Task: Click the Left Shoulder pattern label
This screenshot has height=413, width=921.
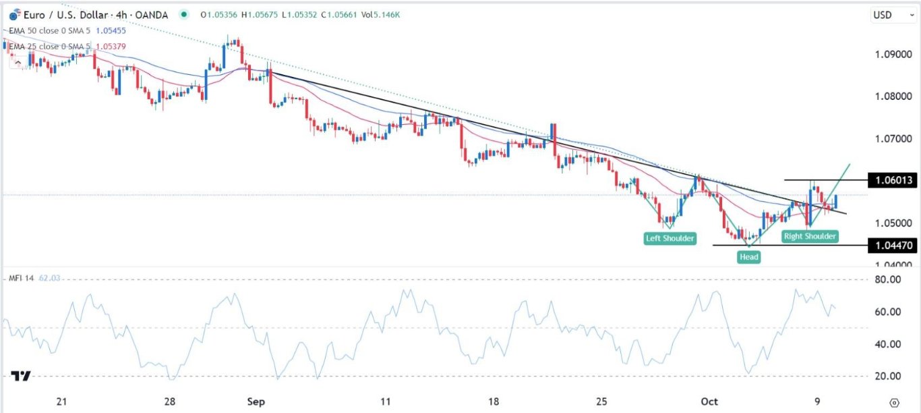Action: [670, 238]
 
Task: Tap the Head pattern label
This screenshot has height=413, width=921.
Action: [748, 256]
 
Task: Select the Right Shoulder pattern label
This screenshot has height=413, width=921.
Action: [810, 236]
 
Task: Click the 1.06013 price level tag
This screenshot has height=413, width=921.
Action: [891, 180]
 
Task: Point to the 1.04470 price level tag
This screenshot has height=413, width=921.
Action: [891, 246]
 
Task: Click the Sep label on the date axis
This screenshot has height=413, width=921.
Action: [256, 402]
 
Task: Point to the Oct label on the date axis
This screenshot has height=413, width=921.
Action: [709, 402]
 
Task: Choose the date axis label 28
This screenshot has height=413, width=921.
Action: [170, 402]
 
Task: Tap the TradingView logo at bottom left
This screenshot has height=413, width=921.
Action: [20, 376]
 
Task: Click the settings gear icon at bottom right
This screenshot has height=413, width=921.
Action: [894, 402]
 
